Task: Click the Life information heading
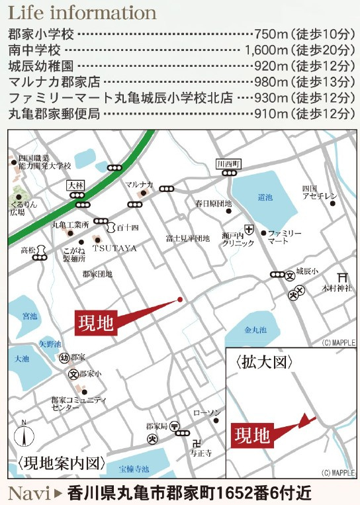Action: tap(83, 13)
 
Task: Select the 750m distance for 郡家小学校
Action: tap(267, 34)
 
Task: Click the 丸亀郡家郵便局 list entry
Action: tap(54, 113)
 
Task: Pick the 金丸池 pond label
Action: tap(255, 329)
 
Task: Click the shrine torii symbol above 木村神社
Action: tap(342, 277)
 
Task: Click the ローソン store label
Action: tap(206, 413)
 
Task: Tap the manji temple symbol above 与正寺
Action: tap(195, 441)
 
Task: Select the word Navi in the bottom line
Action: tap(28, 493)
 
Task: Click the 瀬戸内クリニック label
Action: tap(238, 240)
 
